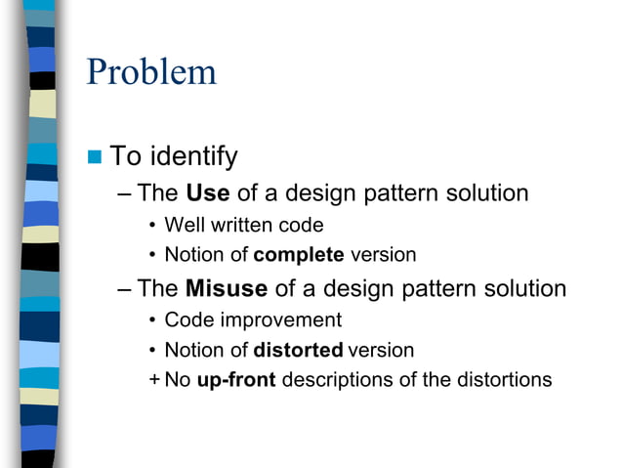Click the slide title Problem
point(151,72)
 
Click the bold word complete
point(299,255)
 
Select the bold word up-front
point(235,379)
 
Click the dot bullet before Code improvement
point(152,320)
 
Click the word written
point(240,225)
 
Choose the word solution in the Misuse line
point(520,288)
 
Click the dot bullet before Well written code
point(152,226)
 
